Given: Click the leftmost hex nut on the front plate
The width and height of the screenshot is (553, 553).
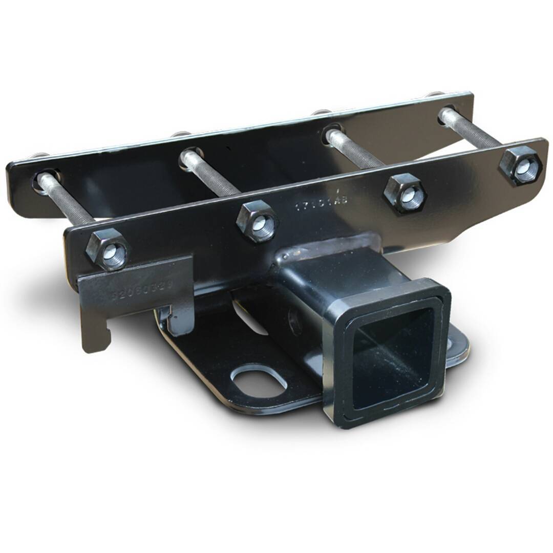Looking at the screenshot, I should point(107,249).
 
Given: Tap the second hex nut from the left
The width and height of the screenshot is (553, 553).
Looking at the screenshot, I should point(258,222).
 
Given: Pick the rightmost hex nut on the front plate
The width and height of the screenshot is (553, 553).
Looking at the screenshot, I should point(520,165).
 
